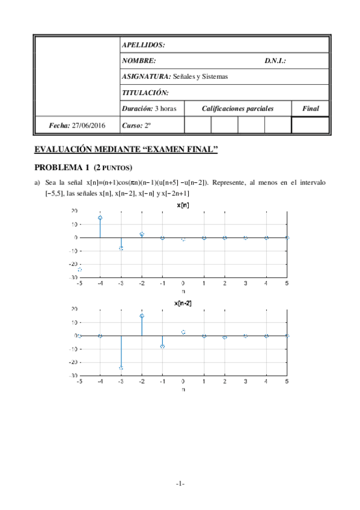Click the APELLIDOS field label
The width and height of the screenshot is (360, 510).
[x=143, y=45]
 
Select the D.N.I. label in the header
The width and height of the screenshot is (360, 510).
[x=275, y=61]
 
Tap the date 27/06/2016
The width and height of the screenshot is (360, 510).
[x=88, y=125]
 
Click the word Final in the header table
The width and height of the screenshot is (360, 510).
[x=310, y=109]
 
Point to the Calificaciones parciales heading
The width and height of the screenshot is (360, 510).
[x=237, y=109]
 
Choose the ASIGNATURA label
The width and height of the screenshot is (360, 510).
[x=146, y=76]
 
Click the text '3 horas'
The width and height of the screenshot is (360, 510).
[x=165, y=109]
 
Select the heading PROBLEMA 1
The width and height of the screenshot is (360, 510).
[x=63, y=167]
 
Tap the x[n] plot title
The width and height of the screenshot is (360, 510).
[x=184, y=204]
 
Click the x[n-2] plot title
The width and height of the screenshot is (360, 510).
[x=183, y=303]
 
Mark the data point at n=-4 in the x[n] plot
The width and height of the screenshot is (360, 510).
[x=100, y=218]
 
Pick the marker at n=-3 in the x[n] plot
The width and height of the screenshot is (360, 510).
[x=121, y=248]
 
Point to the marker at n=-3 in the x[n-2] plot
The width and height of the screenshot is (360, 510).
[x=121, y=367]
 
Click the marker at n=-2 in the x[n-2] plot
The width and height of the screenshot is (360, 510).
[x=142, y=316]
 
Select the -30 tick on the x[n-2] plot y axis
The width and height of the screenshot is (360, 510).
[x=73, y=375]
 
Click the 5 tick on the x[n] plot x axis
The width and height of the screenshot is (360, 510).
[x=287, y=283]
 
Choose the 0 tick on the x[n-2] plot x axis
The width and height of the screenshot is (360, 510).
[x=183, y=381]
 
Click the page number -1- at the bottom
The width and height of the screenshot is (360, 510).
[x=180, y=484]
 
